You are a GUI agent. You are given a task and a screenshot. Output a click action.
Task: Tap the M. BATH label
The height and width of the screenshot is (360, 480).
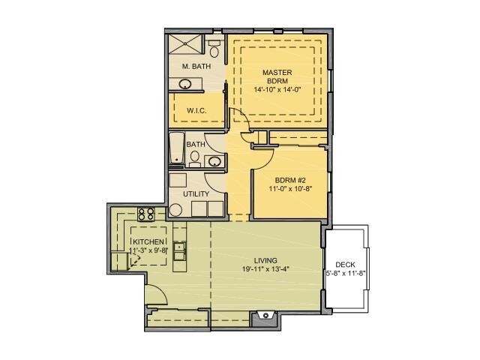196,67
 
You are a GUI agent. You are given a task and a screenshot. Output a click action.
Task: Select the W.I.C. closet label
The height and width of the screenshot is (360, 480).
196,110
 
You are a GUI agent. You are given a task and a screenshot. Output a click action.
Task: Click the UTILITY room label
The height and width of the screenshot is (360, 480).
196,193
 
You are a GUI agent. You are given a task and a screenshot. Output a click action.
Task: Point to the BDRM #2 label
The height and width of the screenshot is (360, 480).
289,180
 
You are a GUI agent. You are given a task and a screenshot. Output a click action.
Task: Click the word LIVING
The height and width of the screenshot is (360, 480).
265,260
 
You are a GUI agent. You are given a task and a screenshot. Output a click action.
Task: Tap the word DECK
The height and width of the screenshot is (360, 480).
345,264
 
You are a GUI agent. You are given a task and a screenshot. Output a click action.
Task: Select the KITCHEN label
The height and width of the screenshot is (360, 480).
148,241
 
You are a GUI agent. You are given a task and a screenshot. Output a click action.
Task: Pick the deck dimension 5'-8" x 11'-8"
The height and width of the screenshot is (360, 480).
345,274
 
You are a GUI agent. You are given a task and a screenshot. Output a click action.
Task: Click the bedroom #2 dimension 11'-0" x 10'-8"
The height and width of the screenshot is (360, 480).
289,189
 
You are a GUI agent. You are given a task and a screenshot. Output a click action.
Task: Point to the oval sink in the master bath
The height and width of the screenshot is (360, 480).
184,84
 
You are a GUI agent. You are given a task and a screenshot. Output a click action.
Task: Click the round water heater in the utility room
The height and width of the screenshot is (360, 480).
175,209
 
